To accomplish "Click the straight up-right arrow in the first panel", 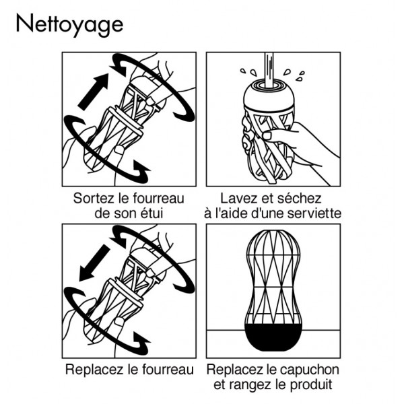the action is coord(94,92).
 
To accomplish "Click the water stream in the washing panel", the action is coord(269,69).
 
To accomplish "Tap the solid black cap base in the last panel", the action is coord(273,337).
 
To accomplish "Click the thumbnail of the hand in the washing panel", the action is coord(268,135).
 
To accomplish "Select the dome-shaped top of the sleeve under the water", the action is coord(269,96).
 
